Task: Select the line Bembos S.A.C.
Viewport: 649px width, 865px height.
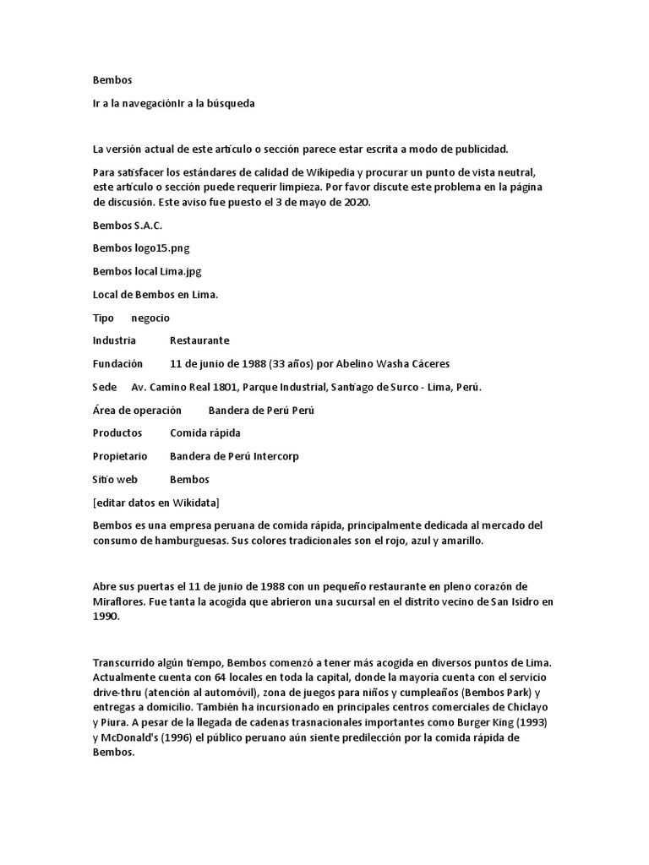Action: (x=127, y=226)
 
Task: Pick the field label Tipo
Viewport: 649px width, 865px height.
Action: (x=103, y=318)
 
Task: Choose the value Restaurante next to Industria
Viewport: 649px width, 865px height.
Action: (x=199, y=340)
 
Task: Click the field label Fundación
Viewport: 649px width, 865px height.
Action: (x=117, y=364)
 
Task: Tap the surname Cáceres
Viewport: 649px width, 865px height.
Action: (x=427, y=364)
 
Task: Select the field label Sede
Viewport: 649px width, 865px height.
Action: (x=105, y=387)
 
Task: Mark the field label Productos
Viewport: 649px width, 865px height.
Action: (x=117, y=432)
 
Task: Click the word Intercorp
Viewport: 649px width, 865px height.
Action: (x=270, y=456)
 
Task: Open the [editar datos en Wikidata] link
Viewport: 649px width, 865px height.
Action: (x=156, y=503)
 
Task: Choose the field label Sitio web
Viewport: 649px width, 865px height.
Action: (x=115, y=479)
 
